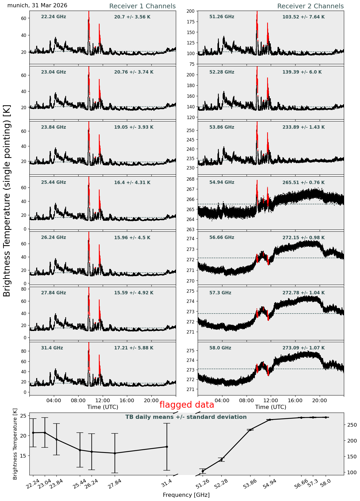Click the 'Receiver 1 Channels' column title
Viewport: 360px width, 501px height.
point(142,6)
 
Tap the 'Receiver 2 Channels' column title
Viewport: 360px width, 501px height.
point(311,6)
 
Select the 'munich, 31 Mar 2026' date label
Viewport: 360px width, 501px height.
point(37,5)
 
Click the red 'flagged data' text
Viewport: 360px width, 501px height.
point(187,405)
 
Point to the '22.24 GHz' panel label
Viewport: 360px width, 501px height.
point(54,17)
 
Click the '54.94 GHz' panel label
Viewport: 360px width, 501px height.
point(222,183)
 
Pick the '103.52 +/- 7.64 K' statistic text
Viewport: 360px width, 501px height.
point(304,17)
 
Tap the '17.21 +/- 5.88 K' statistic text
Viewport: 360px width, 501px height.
point(134,348)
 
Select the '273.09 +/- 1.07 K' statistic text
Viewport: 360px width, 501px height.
point(304,348)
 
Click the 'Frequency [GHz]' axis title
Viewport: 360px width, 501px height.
point(186,495)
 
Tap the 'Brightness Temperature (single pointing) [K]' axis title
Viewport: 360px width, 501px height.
point(7,201)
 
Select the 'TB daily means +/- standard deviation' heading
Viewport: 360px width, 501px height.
point(186,417)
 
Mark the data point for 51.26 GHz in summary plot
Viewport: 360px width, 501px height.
point(203,471)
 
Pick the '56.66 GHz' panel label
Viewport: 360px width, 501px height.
point(222,238)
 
